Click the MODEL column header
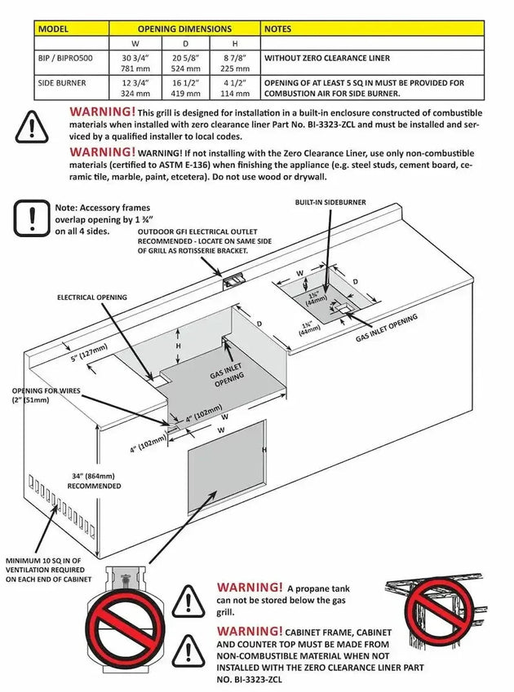55,29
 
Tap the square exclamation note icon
31,218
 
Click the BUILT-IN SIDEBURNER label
330,201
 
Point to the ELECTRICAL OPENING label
91,298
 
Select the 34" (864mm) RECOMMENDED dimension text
94,480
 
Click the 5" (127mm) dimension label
88,353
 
